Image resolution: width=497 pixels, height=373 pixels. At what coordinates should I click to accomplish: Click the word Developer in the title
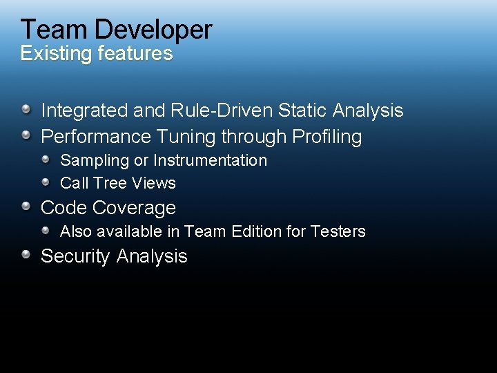[153, 30]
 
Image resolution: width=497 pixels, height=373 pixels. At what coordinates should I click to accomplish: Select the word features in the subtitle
[135, 53]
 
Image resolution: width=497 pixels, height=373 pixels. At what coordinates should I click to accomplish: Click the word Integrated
[84, 111]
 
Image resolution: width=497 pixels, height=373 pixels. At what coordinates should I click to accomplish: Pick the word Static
[303, 111]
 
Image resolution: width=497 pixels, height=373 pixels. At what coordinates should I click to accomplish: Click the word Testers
[338, 231]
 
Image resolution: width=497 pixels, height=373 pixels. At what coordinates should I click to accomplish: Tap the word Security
[75, 256]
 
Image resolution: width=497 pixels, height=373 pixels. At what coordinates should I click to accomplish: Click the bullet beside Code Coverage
[26, 206]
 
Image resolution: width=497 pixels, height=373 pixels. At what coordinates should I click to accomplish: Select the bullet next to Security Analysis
[26, 254]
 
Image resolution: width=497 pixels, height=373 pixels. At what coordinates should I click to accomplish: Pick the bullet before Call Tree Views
[46, 182]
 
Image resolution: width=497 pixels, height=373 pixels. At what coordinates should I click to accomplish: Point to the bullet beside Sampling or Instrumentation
[46, 159]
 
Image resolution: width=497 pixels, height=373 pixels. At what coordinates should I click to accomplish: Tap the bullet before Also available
[46, 230]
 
